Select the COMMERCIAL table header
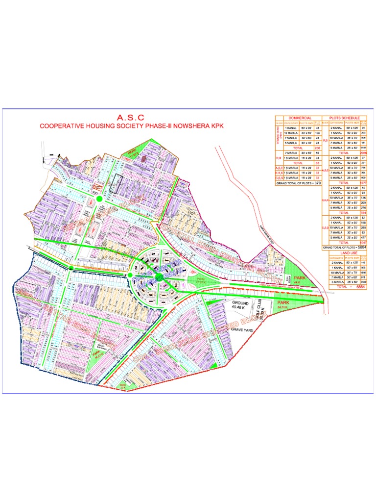300,118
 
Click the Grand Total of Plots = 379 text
298,183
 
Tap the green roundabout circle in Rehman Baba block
99,199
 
